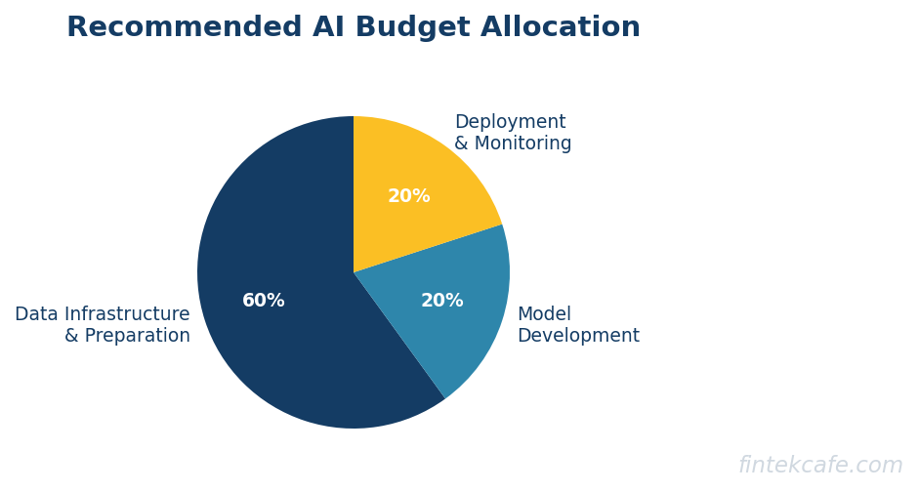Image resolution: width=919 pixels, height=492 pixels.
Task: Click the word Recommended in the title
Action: pyautogui.click(x=185, y=28)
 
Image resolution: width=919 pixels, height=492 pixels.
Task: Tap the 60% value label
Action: pyautogui.click(x=264, y=301)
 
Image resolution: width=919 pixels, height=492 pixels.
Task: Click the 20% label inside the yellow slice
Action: pyautogui.click(x=408, y=196)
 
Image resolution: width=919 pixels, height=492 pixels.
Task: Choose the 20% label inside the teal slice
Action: pyautogui.click(x=441, y=301)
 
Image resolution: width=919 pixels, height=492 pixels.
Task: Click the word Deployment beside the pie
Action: pyautogui.click(x=510, y=123)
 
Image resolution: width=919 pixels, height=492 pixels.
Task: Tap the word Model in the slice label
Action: pyautogui.click(x=544, y=314)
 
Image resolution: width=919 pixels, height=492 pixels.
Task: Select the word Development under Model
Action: pyautogui.click(x=578, y=336)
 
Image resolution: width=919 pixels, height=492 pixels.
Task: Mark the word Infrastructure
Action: pyautogui.click(x=127, y=314)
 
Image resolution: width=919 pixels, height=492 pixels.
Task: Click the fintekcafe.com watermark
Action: pyautogui.click(x=820, y=466)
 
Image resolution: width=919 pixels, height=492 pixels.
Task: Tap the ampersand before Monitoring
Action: pyautogui.click(x=461, y=144)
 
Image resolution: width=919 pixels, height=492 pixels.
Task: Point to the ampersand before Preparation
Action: pyautogui.click(x=71, y=336)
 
